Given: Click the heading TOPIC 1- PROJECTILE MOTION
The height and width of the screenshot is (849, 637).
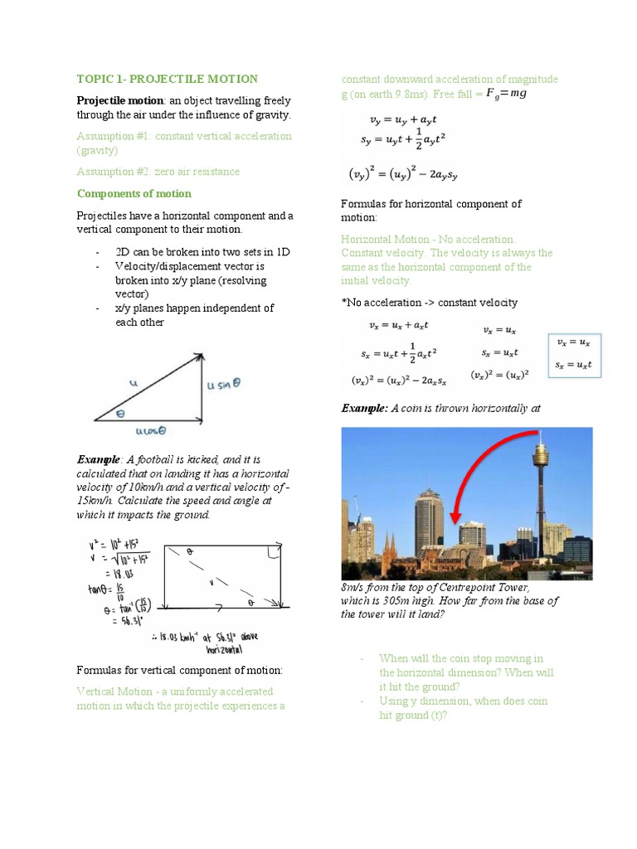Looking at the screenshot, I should [167, 79].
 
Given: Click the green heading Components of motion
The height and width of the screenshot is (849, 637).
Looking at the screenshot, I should [134, 193].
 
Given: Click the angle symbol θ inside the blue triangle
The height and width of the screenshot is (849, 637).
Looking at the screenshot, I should [120, 412].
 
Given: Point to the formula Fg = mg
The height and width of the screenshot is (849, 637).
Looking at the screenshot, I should [506, 94].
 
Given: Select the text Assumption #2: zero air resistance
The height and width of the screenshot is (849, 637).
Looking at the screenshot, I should [158, 172].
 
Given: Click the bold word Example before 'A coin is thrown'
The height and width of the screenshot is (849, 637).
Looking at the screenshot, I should [363, 408].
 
